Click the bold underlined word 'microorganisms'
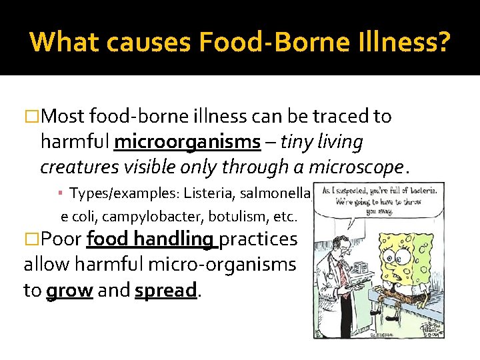point(187,142)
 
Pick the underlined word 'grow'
point(69,291)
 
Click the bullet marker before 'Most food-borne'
point(31,117)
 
